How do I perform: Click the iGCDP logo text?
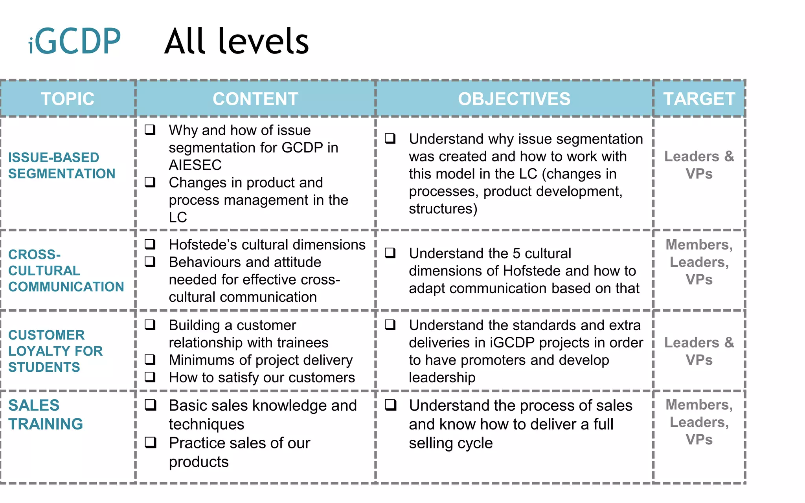tap(75, 41)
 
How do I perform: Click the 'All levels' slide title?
tap(237, 41)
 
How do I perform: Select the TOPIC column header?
tap(68, 99)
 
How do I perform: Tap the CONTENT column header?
tap(255, 99)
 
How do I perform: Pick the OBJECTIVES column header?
tap(514, 99)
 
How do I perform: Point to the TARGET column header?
tap(699, 99)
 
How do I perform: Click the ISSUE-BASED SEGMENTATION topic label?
tap(62, 165)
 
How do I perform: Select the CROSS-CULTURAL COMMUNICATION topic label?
tap(66, 270)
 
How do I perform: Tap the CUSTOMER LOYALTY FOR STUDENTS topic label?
tap(55, 351)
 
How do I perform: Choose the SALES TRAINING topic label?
tap(46, 415)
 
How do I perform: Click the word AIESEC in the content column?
tap(195, 165)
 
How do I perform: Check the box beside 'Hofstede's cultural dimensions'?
tap(150, 244)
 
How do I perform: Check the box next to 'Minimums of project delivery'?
tap(150, 360)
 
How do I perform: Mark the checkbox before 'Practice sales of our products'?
tap(151, 442)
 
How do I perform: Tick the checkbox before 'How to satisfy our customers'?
tap(150, 377)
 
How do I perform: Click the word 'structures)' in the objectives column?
tap(443, 209)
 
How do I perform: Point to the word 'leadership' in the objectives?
tap(442, 377)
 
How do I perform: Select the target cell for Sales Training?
tap(699, 422)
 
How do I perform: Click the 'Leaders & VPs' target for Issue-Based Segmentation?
tap(699, 165)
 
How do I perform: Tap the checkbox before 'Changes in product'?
tap(150, 182)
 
